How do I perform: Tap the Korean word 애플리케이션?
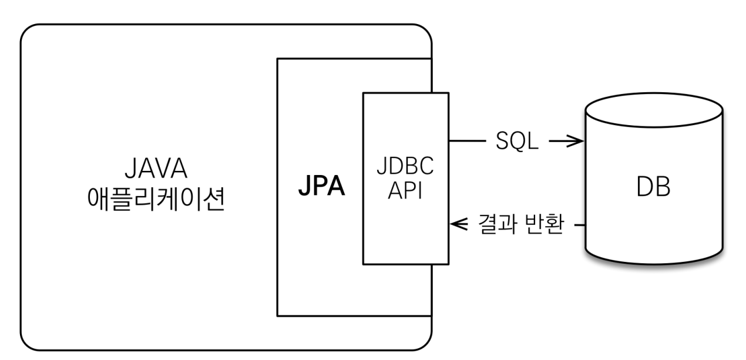click(156, 201)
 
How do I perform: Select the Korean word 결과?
click(493, 225)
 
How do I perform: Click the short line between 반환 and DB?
click(579, 224)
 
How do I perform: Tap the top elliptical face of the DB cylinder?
click(653, 112)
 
